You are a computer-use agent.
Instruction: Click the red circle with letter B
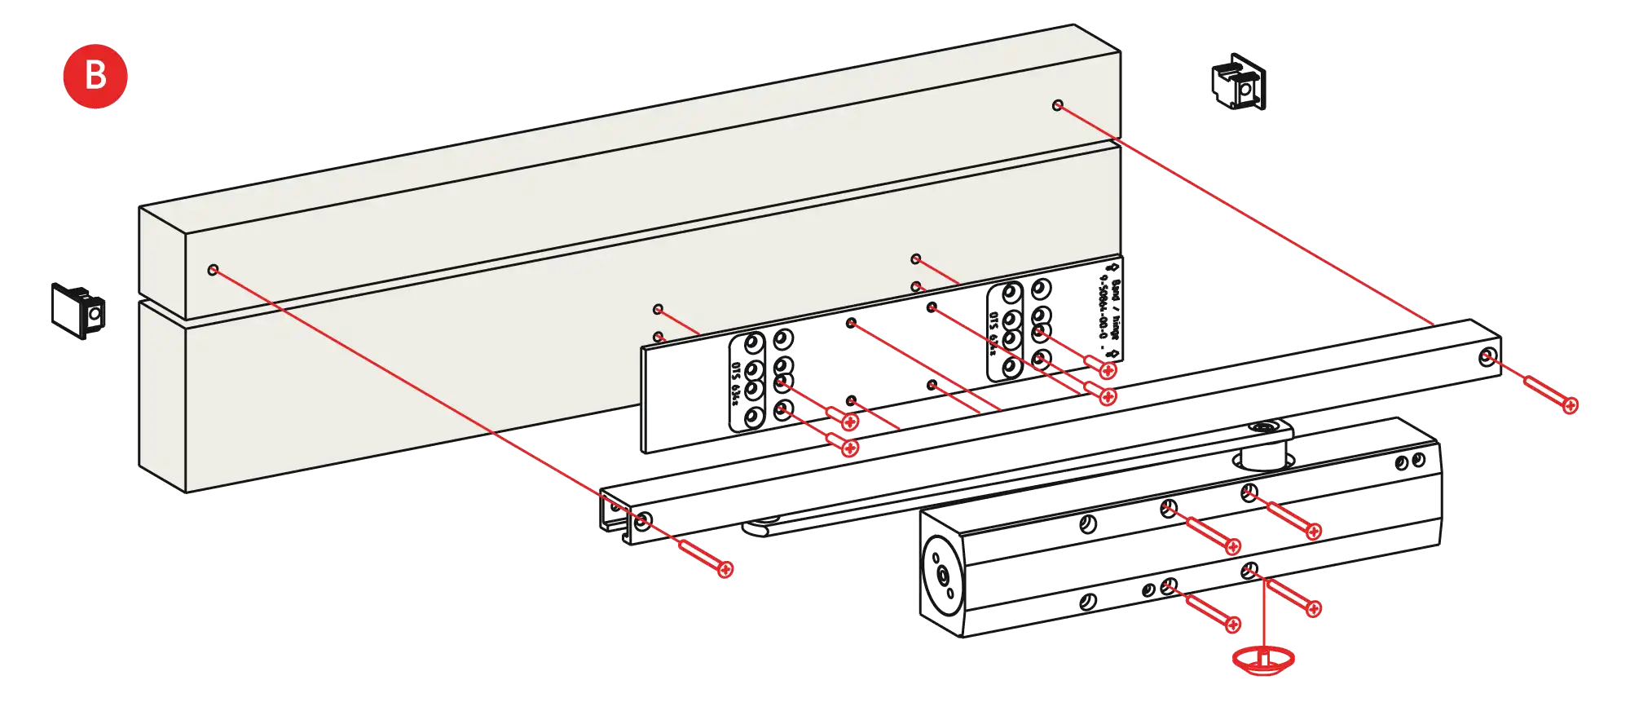[95, 76]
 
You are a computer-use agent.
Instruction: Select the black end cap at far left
[77, 311]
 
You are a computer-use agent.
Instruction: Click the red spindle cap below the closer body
[1263, 660]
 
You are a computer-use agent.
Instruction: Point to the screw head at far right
[1569, 404]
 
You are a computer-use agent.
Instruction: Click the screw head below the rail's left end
[725, 568]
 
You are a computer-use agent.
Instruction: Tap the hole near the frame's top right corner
[1057, 105]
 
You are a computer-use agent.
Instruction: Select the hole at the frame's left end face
[214, 269]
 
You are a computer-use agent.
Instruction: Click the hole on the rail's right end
[1487, 359]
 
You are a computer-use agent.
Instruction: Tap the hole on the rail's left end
[642, 519]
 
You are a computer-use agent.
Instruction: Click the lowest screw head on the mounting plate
[849, 448]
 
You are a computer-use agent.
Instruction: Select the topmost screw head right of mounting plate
[1108, 370]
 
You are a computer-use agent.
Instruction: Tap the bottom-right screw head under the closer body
[1313, 608]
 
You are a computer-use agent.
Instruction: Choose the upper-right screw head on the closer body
[1313, 532]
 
